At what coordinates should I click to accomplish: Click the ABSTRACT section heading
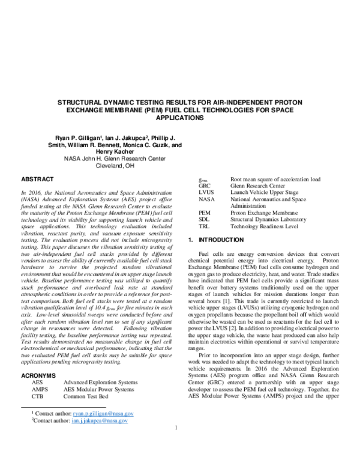tap(38, 179)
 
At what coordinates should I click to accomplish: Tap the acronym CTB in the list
tap(38, 397)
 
